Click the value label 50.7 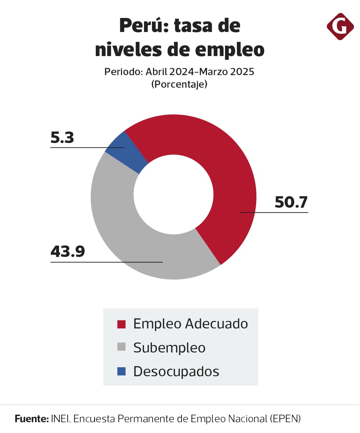[291, 202]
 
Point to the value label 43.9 [68, 252]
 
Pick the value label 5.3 [62, 138]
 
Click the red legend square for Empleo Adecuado [122, 324]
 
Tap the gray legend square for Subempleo [122, 347]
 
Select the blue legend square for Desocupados [122, 371]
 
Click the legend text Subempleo [169, 348]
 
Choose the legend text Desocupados [176, 372]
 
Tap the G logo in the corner [340, 26]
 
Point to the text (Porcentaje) [179, 84]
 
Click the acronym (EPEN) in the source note [285, 419]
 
